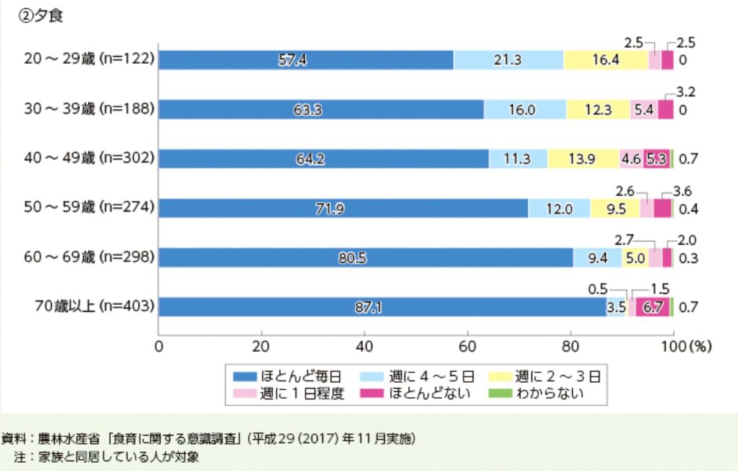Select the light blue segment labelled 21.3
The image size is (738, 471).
click(508, 60)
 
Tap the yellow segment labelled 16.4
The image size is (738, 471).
click(605, 60)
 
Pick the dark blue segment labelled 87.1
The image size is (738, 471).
click(382, 307)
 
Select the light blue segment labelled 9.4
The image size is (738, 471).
click(597, 257)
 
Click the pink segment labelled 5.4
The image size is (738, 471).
click(644, 109)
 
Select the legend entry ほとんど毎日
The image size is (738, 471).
click(296, 375)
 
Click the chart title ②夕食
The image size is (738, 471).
click(41, 16)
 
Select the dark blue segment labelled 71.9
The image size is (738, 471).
click(343, 208)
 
